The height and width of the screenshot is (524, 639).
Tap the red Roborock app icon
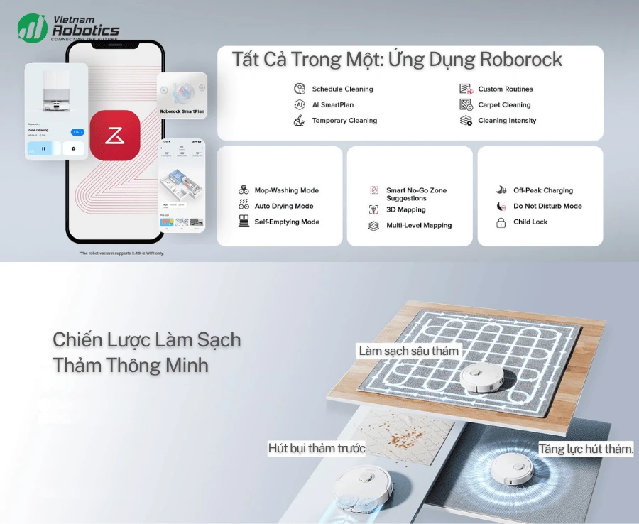point(115,135)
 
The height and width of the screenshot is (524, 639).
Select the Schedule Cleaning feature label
point(342,89)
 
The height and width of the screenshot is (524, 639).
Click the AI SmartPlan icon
point(299,104)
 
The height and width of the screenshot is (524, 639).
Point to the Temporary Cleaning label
point(344,121)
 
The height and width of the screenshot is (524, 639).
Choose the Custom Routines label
point(505,89)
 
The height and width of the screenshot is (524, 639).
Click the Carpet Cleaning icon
point(466,104)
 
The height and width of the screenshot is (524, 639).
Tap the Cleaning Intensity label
point(507,121)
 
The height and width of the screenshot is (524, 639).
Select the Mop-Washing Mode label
point(287,190)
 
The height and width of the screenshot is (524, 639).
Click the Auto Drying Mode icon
point(243,206)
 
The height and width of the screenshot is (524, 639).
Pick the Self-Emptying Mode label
point(287,222)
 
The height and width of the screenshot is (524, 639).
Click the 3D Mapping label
point(406,210)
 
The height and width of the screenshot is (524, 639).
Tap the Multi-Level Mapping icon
point(373,226)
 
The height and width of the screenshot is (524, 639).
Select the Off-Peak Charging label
point(543,190)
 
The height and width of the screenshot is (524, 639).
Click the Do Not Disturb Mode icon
point(500,206)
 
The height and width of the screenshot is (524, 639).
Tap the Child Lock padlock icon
point(500,222)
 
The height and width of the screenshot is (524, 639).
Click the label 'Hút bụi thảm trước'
point(317,448)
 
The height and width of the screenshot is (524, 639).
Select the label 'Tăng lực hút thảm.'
point(586,449)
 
